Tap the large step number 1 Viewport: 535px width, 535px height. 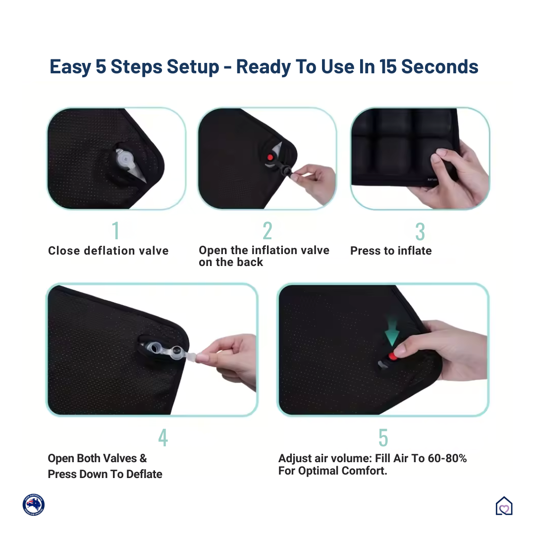[x=115, y=231]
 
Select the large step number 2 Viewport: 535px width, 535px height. [x=267, y=231]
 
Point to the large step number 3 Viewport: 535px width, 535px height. [x=420, y=231]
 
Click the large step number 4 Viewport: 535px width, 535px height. [x=163, y=438]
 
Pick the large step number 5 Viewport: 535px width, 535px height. [x=383, y=438]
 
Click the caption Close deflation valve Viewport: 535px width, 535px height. [x=108, y=251]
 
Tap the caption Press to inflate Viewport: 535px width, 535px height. [x=391, y=251]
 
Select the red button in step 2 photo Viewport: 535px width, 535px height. [x=270, y=158]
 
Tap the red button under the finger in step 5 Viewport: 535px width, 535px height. [x=393, y=356]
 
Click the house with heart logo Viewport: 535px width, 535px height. [x=504, y=506]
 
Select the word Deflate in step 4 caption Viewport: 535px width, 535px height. [x=144, y=474]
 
